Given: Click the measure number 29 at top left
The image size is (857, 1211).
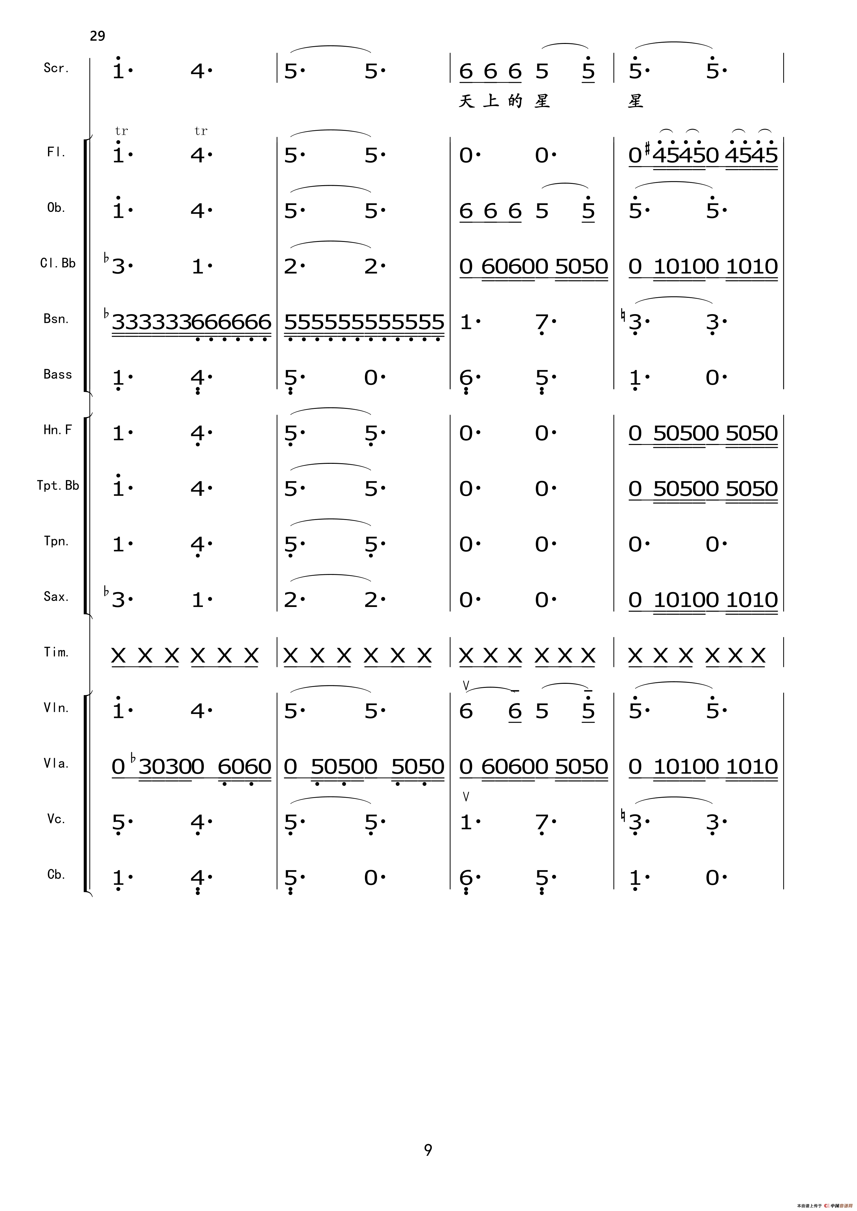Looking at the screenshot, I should coord(98,36).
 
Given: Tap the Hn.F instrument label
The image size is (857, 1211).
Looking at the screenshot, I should coord(57,430).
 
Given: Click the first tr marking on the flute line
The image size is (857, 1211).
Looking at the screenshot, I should coord(121,131).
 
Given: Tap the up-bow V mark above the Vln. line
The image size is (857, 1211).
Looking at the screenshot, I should coord(465,685).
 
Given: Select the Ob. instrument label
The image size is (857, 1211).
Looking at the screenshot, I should coord(56,208).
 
